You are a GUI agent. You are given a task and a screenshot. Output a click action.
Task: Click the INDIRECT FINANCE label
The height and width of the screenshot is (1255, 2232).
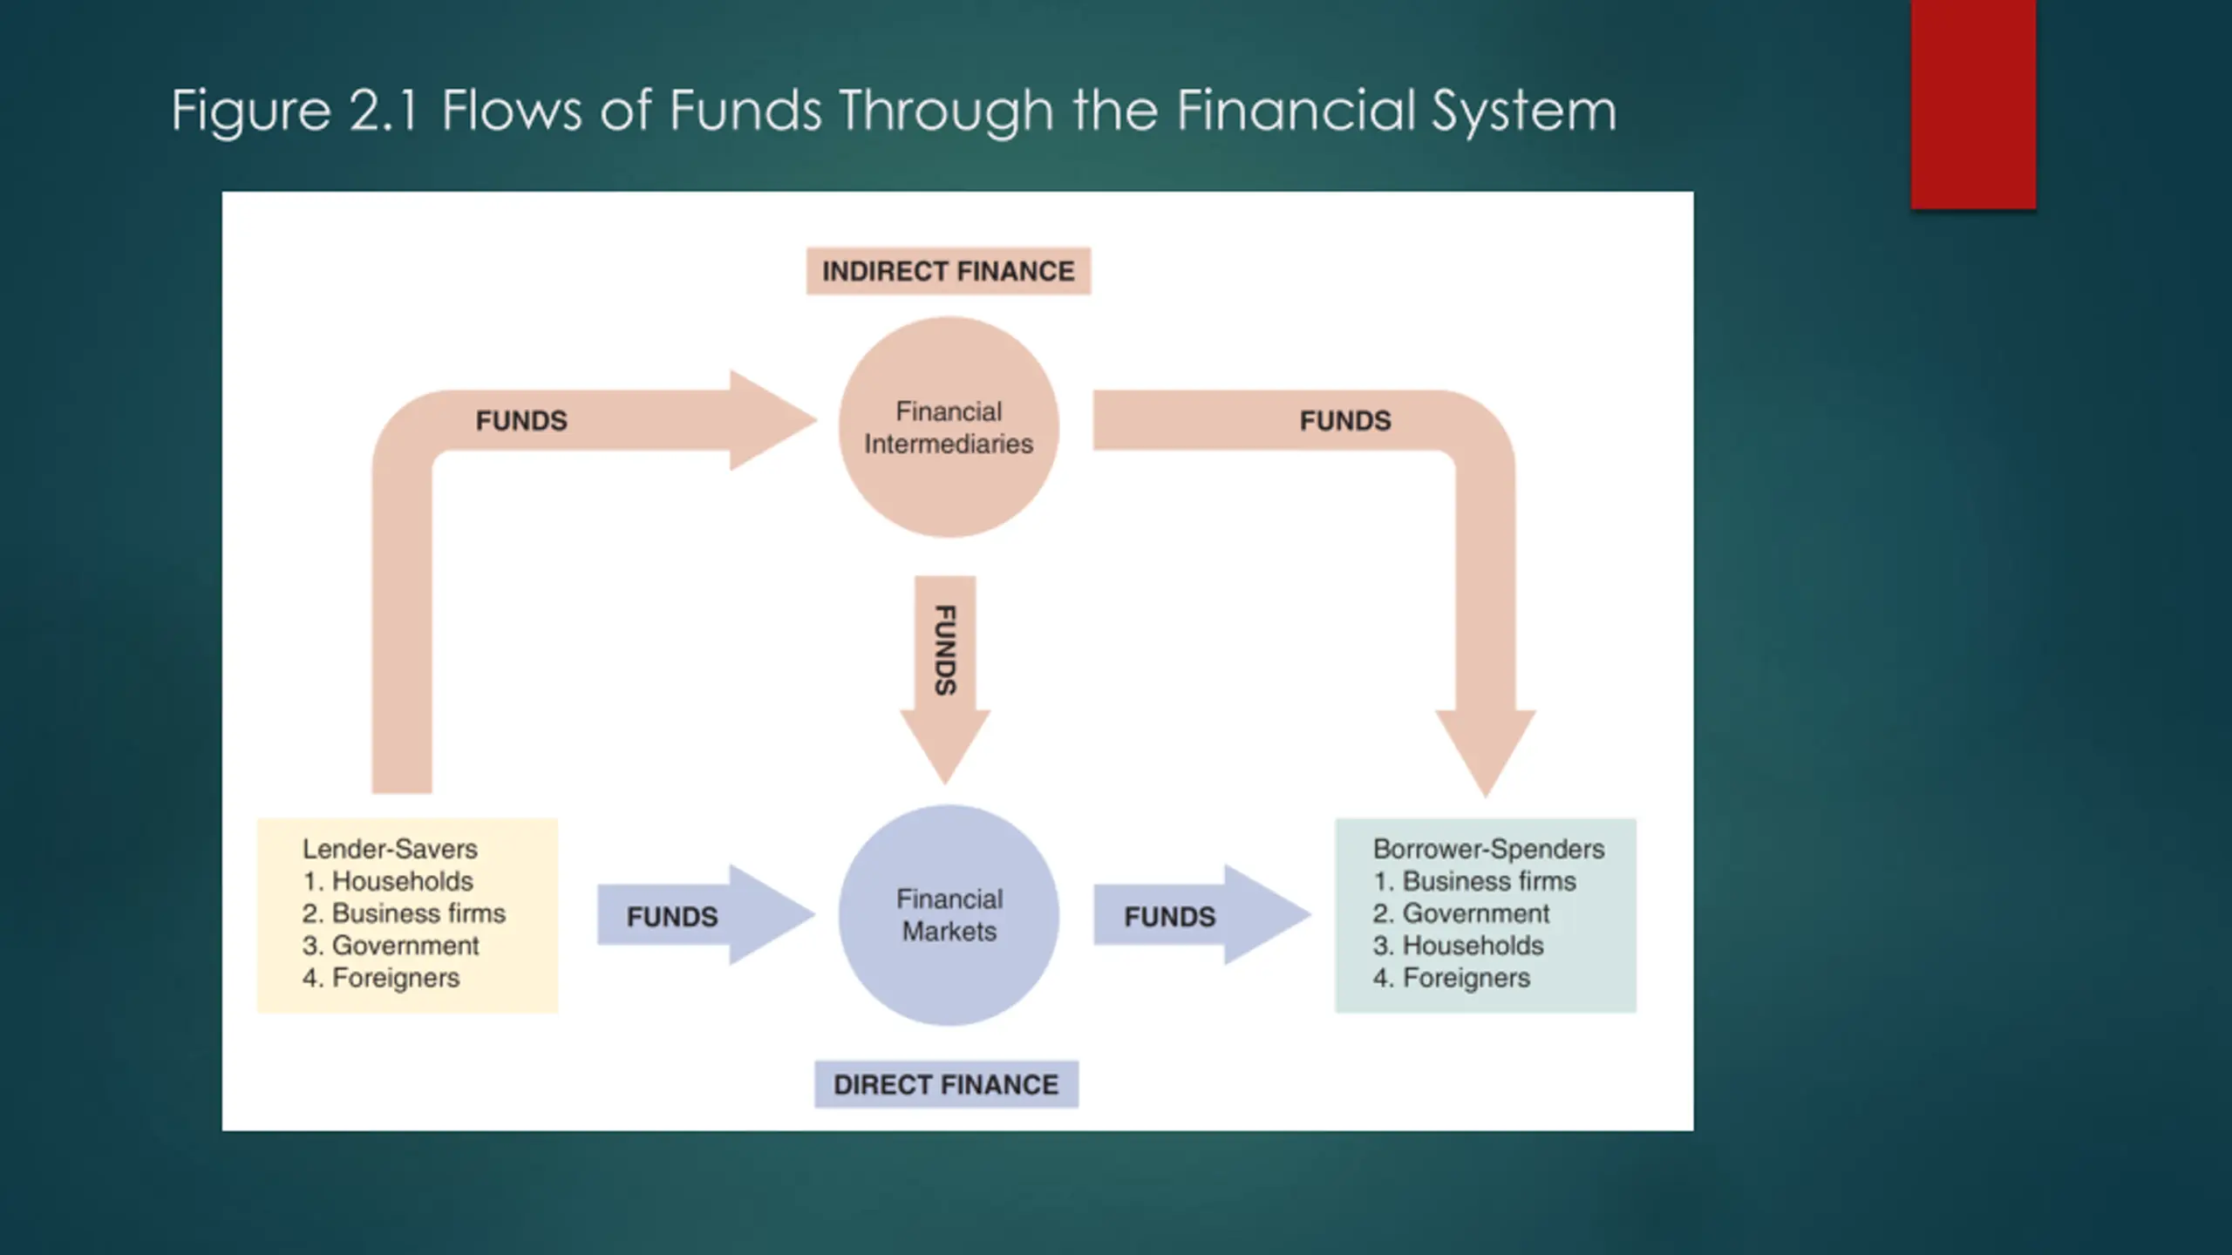(x=948, y=271)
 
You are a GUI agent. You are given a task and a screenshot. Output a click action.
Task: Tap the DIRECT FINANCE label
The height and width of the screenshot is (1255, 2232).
(x=946, y=1084)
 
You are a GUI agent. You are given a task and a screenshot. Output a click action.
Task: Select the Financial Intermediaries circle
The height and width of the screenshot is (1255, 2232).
(x=949, y=427)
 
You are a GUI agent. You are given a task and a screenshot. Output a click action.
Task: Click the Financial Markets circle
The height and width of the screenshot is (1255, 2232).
(x=949, y=915)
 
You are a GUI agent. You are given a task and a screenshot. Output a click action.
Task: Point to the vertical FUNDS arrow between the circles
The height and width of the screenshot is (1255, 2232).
(x=945, y=662)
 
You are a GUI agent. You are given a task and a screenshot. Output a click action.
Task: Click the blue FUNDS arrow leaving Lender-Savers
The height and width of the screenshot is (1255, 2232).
(x=697, y=915)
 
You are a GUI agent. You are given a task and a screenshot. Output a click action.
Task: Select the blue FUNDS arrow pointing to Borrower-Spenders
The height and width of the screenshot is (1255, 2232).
(x=1194, y=915)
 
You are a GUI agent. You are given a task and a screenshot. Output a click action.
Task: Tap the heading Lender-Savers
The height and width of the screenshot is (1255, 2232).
(x=390, y=849)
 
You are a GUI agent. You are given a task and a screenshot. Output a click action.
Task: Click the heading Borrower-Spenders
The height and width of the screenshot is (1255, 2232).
(x=1488, y=849)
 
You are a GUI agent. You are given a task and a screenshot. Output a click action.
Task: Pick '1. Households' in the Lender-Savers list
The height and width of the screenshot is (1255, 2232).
(x=388, y=881)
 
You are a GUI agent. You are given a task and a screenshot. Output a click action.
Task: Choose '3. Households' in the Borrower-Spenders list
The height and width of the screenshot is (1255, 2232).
(x=1458, y=946)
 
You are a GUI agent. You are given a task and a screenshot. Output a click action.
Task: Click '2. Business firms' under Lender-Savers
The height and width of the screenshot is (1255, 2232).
(x=404, y=913)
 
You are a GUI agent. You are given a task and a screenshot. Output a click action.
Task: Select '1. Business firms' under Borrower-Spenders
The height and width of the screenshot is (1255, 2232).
(x=1474, y=881)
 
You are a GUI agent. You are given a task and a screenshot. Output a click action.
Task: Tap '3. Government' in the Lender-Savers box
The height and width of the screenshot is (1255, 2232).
(x=391, y=946)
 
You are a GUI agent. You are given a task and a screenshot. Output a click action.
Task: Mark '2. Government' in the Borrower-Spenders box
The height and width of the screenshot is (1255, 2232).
(x=1461, y=913)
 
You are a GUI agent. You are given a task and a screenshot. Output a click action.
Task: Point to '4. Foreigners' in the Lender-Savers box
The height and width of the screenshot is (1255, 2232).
(x=381, y=978)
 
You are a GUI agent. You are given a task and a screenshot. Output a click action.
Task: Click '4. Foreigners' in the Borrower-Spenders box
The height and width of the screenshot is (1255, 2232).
(x=1452, y=978)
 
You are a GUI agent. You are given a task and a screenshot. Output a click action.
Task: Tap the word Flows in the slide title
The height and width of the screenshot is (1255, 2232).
(x=512, y=111)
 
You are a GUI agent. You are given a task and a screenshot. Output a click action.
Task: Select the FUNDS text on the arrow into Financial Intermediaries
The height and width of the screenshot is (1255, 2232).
(x=521, y=421)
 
